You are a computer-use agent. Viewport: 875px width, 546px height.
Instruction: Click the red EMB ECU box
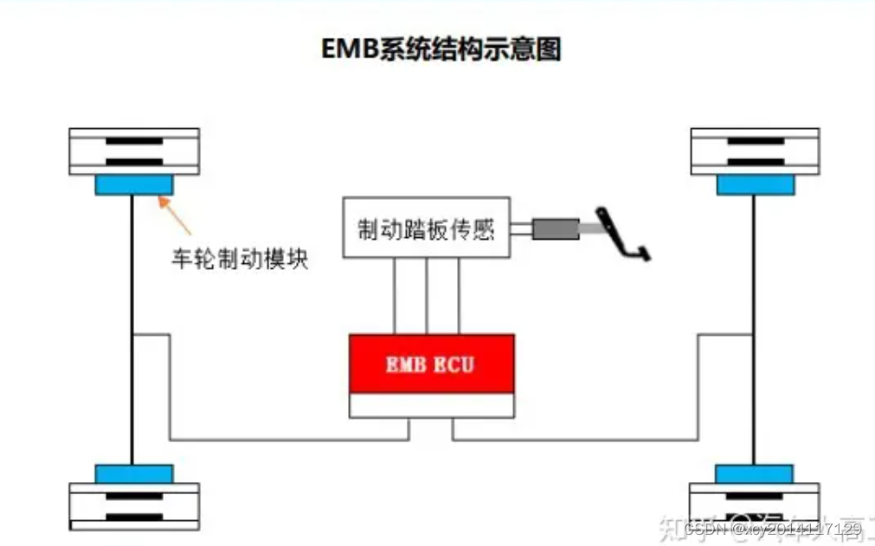[x=430, y=363]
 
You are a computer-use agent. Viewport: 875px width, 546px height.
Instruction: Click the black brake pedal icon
[x=623, y=234]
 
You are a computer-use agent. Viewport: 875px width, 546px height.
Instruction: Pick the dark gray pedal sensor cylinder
[x=555, y=228]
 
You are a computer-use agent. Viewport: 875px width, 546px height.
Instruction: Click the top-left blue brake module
[x=133, y=184]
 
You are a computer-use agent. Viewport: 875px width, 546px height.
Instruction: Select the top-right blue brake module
[x=755, y=184]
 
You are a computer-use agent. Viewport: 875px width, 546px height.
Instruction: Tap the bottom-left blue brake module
[x=133, y=473]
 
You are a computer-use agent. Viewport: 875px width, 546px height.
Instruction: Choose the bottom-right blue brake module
[x=755, y=473]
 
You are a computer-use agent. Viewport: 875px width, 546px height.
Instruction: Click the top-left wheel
[x=134, y=151]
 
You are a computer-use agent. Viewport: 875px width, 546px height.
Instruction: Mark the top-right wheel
[x=755, y=151]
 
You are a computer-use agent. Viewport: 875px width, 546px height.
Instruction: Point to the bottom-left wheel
[x=134, y=506]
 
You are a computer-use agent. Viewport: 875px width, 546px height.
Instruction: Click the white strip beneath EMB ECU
[x=430, y=404]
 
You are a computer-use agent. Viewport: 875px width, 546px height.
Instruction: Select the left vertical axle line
[x=132, y=329]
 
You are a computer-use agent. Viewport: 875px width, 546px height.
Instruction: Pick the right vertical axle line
[x=754, y=329]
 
